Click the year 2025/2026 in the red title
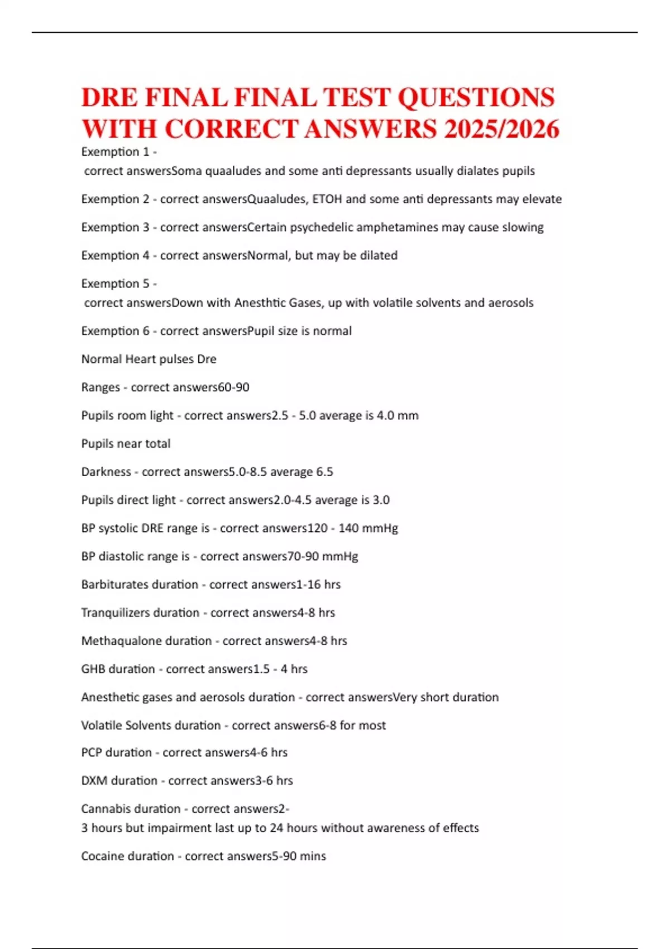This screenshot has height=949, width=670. pyautogui.click(x=501, y=130)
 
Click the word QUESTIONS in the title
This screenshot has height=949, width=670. pyautogui.click(x=476, y=98)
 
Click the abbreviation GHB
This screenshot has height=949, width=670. pyautogui.click(x=93, y=669)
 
